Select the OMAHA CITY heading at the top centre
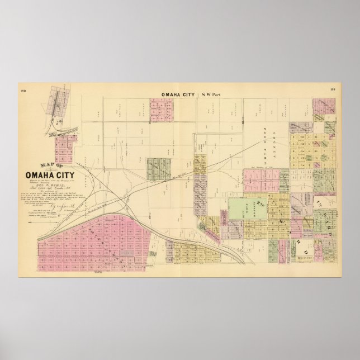pyautogui.click(x=177, y=94)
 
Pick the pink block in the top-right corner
pyautogui.click(x=324, y=107)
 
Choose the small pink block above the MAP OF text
pyautogui.click(x=66, y=149)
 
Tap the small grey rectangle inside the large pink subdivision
pyautogui.click(x=126, y=253)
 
